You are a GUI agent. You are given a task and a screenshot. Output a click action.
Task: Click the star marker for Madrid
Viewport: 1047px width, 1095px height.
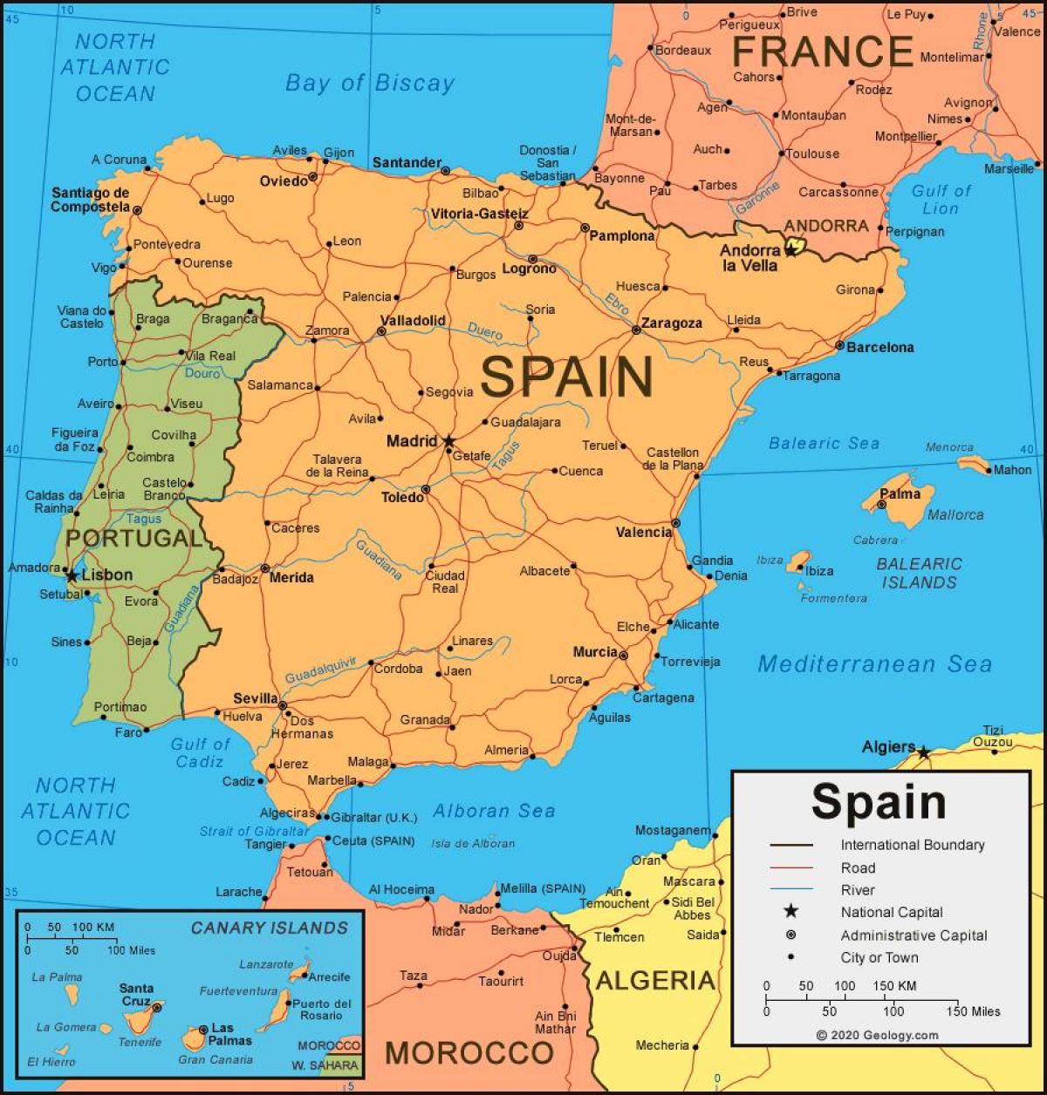pyautogui.click(x=448, y=442)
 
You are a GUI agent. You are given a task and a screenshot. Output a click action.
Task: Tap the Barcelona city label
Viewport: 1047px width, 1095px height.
pyautogui.click(x=879, y=347)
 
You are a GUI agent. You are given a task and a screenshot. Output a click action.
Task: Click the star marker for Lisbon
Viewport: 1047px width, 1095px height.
pyautogui.click(x=72, y=575)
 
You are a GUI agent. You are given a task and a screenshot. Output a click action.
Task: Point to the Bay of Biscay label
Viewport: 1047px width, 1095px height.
pyautogui.click(x=370, y=84)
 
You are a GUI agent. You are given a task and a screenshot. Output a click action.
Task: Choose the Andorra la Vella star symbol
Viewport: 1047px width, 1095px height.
pyautogui.click(x=790, y=249)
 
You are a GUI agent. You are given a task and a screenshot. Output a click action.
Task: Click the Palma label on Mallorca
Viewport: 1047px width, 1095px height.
pyautogui.click(x=900, y=493)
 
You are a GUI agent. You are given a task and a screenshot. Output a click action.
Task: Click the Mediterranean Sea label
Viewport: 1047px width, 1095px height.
pyautogui.click(x=874, y=664)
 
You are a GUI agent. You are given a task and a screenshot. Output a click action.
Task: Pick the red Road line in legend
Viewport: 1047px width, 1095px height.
pyautogui.click(x=790, y=867)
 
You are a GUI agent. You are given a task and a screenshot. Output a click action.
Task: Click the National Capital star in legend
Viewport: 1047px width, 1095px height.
pyautogui.click(x=790, y=911)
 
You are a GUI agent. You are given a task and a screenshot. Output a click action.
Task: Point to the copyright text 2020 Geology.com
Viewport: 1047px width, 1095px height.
pyautogui.click(x=878, y=1035)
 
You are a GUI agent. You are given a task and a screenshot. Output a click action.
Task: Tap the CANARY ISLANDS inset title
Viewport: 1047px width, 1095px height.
pyautogui.click(x=269, y=928)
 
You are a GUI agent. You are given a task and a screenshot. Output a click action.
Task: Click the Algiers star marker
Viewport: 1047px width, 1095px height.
pyautogui.click(x=923, y=752)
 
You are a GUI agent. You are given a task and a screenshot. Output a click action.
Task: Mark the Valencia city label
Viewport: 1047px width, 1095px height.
pyautogui.click(x=643, y=532)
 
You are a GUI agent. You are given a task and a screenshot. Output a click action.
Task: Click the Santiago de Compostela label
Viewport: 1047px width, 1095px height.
pyautogui.click(x=90, y=200)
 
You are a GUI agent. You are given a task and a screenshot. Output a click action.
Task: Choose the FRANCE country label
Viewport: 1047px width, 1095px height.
pyautogui.click(x=822, y=52)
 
